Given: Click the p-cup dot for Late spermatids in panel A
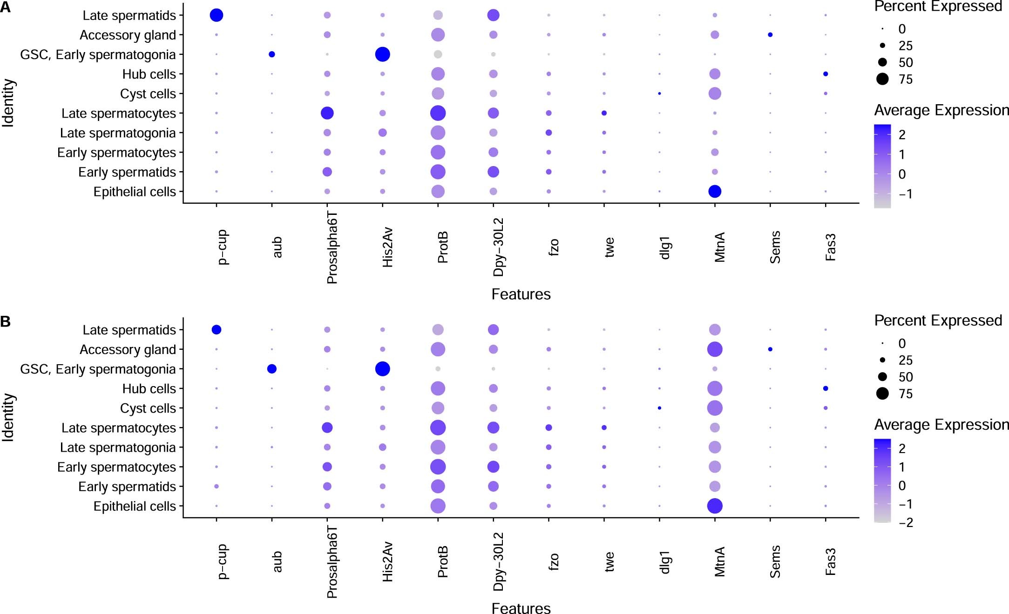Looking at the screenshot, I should (x=217, y=15).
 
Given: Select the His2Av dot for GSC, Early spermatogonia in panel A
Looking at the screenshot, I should (x=382, y=54).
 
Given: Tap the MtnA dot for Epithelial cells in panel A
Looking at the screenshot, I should (x=715, y=191).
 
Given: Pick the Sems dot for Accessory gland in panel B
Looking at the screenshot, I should (x=770, y=349).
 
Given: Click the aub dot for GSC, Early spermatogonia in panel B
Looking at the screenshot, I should (x=272, y=369).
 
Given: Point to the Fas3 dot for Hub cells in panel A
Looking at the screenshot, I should (x=826, y=74).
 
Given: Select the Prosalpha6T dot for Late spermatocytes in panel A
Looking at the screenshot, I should (x=327, y=113).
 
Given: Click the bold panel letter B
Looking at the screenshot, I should (x=6, y=321).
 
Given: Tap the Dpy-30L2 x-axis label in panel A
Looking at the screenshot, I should (x=499, y=247).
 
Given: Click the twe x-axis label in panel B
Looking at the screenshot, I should (x=609, y=561).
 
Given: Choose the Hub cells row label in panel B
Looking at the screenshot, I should (x=149, y=389).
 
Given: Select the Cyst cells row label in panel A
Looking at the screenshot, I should (x=148, y=94).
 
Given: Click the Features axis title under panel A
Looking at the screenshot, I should (x=521, y=294).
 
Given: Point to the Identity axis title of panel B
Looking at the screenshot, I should (x=8, y=417).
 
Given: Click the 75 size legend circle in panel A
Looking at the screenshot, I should (x=882, y=79).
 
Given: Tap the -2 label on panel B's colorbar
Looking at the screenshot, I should (x=906, y=523).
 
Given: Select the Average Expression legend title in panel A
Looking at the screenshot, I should (x=941, y=110).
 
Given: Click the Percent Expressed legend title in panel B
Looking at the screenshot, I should (x=938, y=320).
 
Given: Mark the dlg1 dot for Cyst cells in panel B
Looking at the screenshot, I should (x=659, y=408).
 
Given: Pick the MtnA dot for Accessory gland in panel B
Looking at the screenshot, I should (x=715, y=349).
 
